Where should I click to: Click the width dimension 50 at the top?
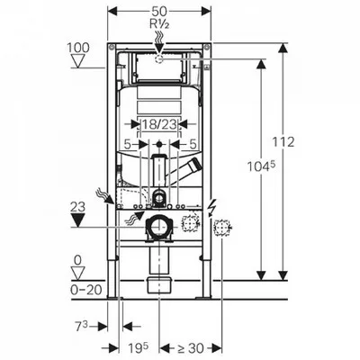click(159, 12)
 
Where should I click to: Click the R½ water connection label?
click(159, 23)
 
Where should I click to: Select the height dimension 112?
click(283, 141)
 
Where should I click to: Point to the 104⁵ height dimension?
click(261, 166)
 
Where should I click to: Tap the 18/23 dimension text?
click(159, 124)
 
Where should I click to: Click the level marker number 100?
click(78, 48)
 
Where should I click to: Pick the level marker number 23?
click(77, 207)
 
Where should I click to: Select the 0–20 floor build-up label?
click(86, 290)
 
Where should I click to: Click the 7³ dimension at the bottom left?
click(81, 327)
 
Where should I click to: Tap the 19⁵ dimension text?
click(138, 348)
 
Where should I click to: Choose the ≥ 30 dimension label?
click(191, 348)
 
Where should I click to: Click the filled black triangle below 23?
click(78, 220)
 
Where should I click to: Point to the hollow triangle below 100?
click(78, 61)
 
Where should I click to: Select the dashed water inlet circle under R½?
click(159, 58)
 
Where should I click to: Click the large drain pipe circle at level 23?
click(159, 227)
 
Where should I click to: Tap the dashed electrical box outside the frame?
click(221, 228)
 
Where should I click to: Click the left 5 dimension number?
click(128, 145)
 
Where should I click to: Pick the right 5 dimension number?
click(193, 145)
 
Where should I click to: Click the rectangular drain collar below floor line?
click(159, 285)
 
